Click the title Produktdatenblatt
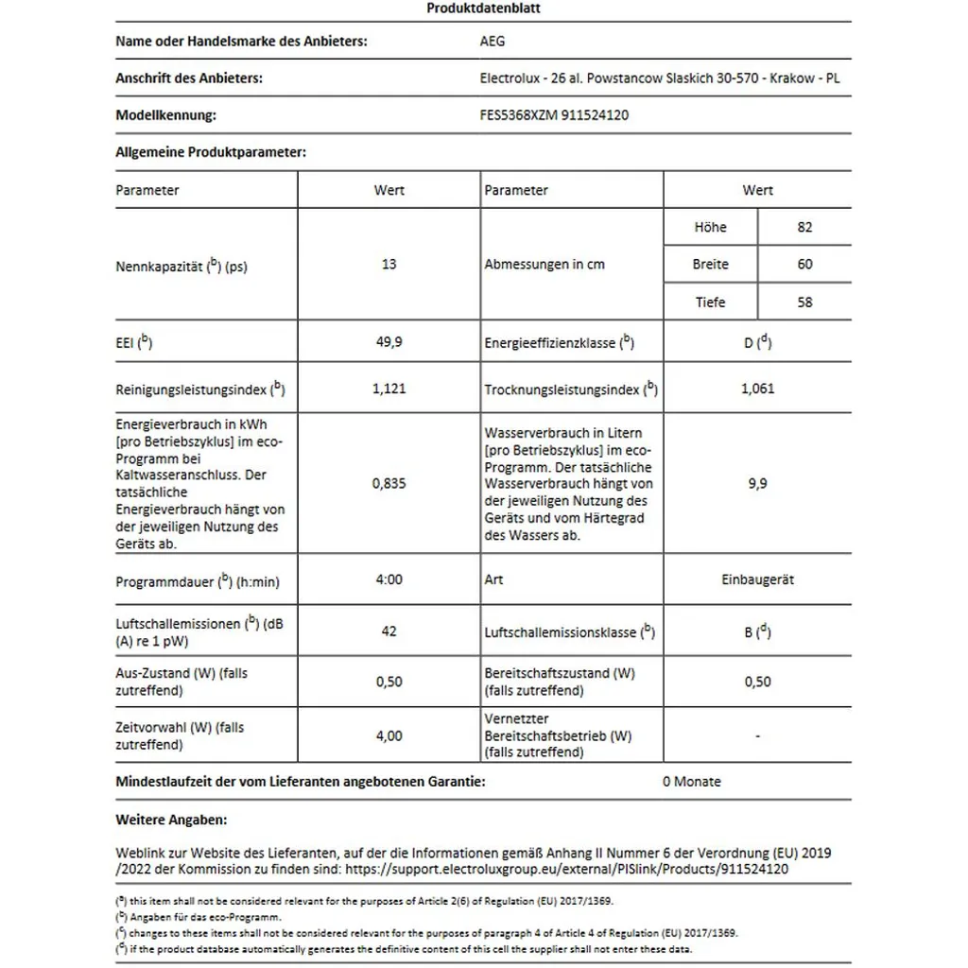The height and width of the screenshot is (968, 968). (x=483, y=9)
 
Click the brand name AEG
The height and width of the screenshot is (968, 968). (x=493, y=42)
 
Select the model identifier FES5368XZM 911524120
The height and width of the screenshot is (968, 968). (x=555, y=115)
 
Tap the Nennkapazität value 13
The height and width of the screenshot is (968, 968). (x=389, y=265)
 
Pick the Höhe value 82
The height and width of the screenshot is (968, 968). (x=804, y=227)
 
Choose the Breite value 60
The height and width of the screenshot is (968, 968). (x=804, y=265)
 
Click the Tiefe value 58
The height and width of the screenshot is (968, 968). (x=804, y=302)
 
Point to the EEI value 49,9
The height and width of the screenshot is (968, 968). (x=389, y=342)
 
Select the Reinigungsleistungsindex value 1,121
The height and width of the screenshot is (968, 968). (x=389, y=389)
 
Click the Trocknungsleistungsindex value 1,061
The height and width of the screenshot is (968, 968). (x=757, y=389)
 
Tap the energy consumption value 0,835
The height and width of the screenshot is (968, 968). (x=389, y=483)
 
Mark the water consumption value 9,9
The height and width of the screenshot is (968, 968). (x=757, y=483)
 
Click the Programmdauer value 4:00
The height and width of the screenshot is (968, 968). (x=389, y=580)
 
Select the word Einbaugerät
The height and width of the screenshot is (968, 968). (x=757, y=580)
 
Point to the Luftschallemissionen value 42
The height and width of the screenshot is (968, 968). (x=389, y=631)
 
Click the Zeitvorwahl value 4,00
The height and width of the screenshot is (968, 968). (x=389, y=735)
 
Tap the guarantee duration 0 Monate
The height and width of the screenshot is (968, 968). (x=691, y=782)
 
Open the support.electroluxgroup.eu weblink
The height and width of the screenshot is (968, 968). (x=566, y=869)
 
